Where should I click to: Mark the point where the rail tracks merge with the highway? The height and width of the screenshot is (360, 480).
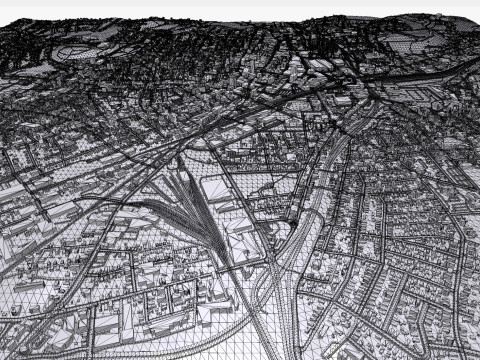coord(268,262)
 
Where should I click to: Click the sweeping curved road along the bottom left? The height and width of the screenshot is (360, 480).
coord(90,290)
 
